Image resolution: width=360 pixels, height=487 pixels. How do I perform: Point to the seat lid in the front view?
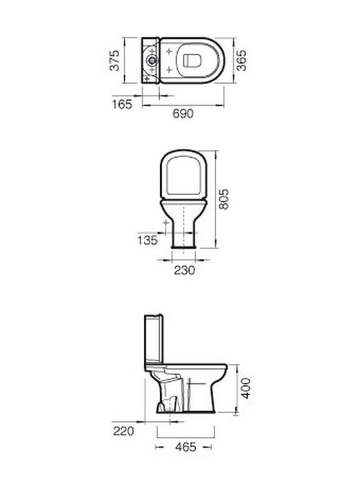click(x=184, y=173)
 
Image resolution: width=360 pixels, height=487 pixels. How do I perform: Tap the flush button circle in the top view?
click(x=152, y=59)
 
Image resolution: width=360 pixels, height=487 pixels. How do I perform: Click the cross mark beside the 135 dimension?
click(x=165, y=223)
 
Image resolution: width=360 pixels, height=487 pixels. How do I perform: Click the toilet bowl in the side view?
click(x=204, y=387)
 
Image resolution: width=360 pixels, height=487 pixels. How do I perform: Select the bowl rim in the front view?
click(x=184, y=200)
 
